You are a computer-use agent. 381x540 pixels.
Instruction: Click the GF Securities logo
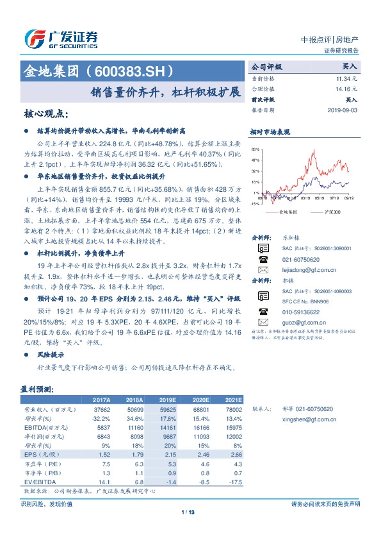[60, 39]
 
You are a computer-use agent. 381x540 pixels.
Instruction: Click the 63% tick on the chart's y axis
[255, 149]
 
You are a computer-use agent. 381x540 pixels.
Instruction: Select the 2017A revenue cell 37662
[102, 408]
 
